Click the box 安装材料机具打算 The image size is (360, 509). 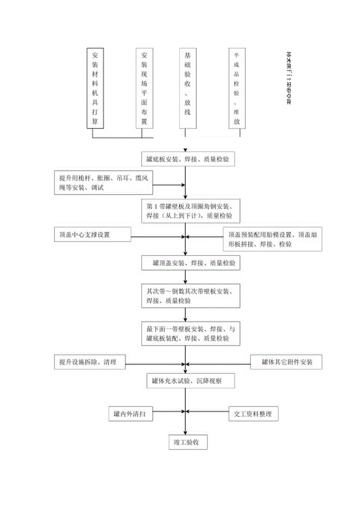pos(95,88)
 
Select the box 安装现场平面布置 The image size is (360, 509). pos(144,88)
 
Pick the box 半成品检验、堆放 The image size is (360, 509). pos(237,88)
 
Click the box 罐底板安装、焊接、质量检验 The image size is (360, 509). pos(188,159)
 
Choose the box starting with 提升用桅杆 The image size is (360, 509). pos(103,182)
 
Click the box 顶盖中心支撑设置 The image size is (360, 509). pos(92,236)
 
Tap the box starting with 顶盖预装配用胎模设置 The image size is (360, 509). pos(272,239)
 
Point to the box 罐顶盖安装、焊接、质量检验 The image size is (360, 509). pos(190,264)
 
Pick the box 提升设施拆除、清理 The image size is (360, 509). pos(90,362)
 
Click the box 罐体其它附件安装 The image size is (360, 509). pos(286,362)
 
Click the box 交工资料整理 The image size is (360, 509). pos(254,414)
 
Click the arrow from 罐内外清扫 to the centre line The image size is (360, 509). pos(168,411)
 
